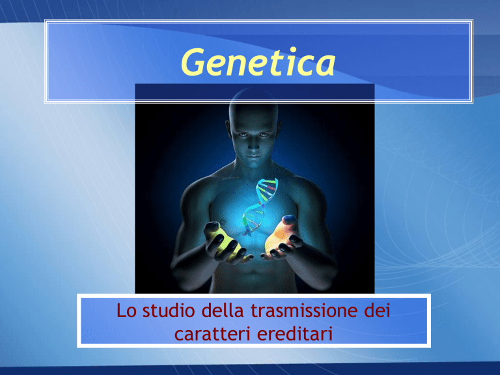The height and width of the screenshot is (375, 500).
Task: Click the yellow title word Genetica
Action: tap(258, 62)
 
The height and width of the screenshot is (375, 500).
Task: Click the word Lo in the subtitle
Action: tap(126, 311)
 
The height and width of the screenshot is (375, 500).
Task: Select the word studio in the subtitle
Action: tap(169, 311)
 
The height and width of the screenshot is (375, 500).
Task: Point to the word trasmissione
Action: tap(304, 311)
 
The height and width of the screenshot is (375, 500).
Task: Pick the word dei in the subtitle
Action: tap(377, 311)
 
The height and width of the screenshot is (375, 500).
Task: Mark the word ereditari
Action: tap(295, 333)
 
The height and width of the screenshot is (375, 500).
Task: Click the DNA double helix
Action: tap(259, 206)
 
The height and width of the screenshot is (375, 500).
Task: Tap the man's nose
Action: tap(253, 145)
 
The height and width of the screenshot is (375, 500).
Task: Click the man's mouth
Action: tap(253, 156)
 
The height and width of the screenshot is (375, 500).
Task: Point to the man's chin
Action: tap(253, 165)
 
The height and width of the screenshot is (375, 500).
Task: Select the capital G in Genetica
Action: tap(193, 62)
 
